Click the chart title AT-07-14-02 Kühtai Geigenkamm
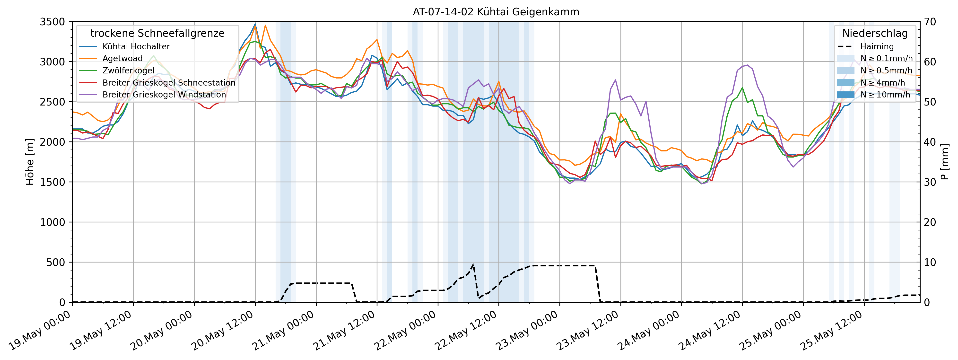pos(496,12)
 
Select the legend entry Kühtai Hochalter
pos(136,46)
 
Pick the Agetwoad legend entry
pos(122,58)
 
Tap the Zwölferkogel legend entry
pos(128,71)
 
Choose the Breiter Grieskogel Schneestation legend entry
pos(169,83)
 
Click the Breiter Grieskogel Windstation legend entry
pos(164,95)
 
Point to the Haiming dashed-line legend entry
pos(877,46)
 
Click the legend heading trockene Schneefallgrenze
pos(157,34)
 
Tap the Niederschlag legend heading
pos(875,34)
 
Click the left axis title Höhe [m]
pos(30,162)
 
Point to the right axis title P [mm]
pos(945,162)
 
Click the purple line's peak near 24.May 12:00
pos(748,65)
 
